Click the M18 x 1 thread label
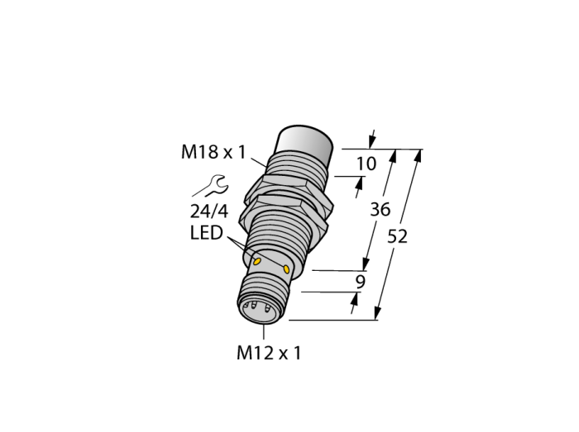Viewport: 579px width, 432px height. (213, 152)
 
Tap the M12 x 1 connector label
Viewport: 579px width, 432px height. (269, 354)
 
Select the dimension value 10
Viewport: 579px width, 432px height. (366, 164)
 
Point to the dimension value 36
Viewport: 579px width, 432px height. (380, 209)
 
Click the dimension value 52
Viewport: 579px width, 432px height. (397, 236)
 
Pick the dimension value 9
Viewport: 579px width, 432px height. (360, 282)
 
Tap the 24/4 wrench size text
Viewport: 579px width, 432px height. (209, 211)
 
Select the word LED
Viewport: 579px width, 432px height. (207, 233)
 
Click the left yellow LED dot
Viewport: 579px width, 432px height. (256, 262)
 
